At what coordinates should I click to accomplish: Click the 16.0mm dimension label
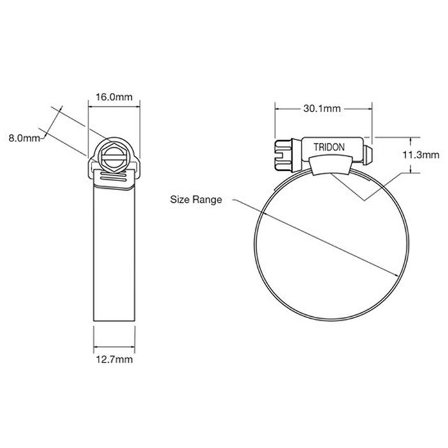tap(114, 97)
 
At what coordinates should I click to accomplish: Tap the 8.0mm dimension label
tap(24, 138)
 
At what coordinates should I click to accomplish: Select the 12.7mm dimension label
tap(114, 360)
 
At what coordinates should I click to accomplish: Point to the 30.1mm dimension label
tap(322, 109)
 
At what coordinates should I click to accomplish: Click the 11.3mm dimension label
tap(421, 155)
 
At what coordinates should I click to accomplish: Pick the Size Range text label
tap(196, 200)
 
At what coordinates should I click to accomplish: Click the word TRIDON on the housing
tap(329, 147)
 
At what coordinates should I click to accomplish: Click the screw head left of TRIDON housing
tap(284, 155)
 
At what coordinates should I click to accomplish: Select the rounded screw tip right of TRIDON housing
tap(368, 155)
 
